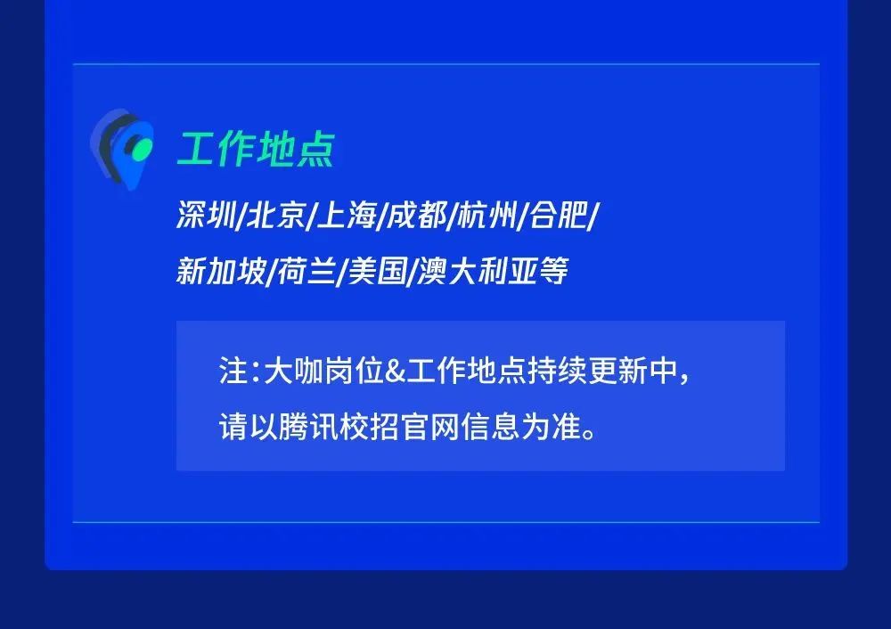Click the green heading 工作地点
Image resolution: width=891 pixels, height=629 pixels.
click(256, 149)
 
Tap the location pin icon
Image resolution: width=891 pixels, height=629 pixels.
click(122, 149)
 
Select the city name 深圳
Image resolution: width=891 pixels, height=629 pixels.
click(206, 215)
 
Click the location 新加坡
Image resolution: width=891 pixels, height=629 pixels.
click(221, 271)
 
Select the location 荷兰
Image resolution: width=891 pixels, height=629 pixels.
click(307, 271)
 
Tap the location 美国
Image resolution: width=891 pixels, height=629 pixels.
click(377, 271)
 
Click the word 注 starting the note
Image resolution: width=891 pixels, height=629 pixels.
click(233, 371)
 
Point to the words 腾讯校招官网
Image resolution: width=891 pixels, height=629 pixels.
click(370, 427)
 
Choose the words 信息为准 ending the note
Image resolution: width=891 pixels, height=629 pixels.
click(521, 427)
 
